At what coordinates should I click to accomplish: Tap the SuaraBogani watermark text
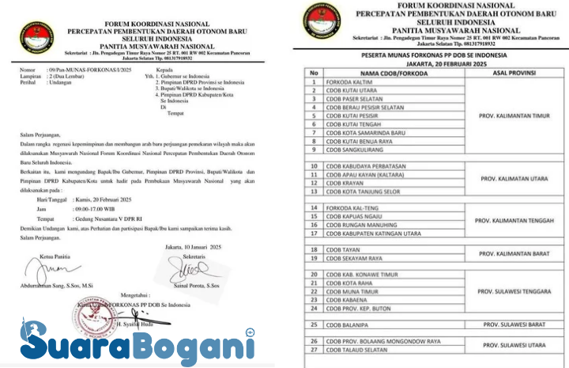coord(138,342)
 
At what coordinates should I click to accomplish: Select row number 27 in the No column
coord(314,349)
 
